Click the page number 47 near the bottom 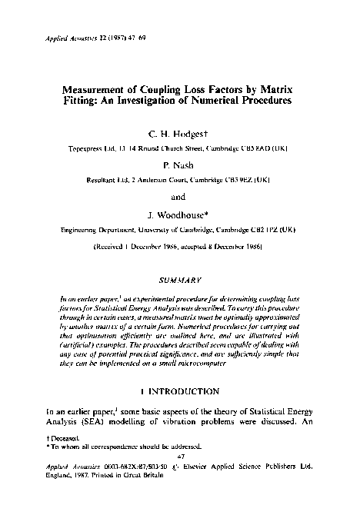(181, 454)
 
